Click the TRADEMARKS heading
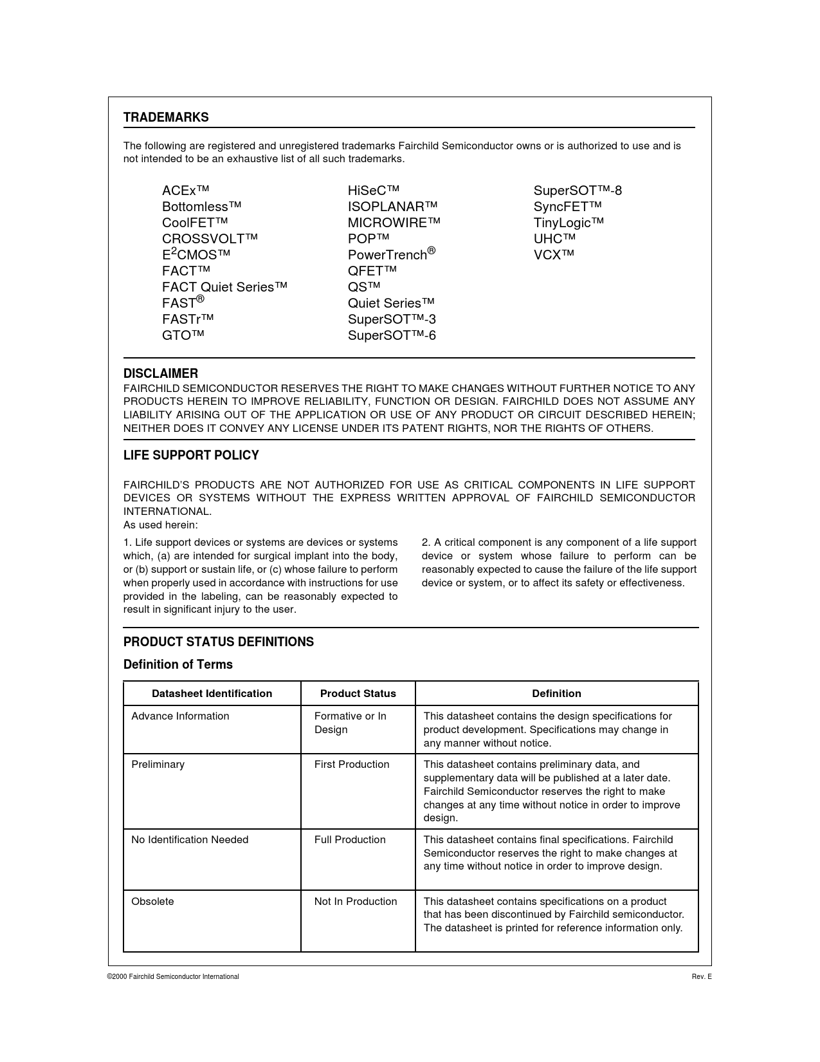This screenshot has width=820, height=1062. point(166,117)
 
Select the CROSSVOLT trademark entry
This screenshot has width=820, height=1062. point(210,239)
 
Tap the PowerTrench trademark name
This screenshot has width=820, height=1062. point(391,254)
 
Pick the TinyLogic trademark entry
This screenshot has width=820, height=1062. point(569,223)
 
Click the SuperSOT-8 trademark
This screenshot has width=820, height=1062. point(578,191)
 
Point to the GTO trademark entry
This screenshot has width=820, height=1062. point(183,335)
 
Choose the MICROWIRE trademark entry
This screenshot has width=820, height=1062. point(394,223)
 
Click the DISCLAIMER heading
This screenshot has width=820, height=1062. point(161,373)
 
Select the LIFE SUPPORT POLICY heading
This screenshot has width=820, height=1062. point(191,455)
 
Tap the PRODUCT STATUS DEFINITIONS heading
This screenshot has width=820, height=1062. point(219,642)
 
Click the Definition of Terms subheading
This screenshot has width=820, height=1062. point(178,664)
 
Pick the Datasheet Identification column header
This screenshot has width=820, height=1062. point(212,693)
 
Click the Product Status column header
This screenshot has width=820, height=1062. point(358,693)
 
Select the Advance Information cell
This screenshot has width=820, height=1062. point(180,716)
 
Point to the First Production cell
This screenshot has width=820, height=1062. point(352,764)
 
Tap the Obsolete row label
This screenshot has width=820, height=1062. point(152,901)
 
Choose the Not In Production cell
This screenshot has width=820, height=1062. point(356,901)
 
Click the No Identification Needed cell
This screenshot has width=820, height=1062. point(190,839)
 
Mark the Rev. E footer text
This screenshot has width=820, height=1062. point(702,976)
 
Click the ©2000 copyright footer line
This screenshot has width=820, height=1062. point(173,976)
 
